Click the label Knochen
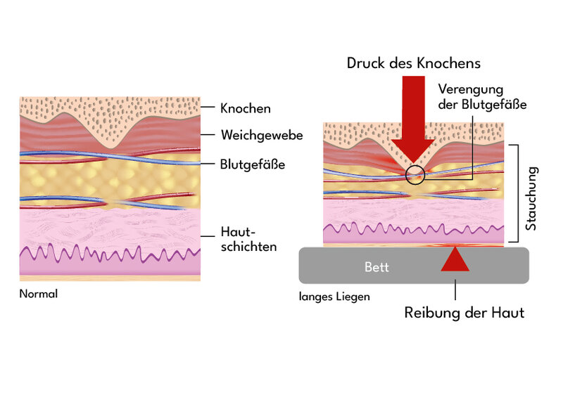pos(245,109)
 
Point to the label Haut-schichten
pos(248,240)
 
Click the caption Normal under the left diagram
pos(38,294)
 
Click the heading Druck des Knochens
pos(414,63)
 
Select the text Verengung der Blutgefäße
pos(482,97)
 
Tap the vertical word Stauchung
pos(532,198)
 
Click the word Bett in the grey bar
pos(377,268)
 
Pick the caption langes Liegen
pos(334,297)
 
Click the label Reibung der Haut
pos(464,313)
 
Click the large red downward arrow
pos(415,119)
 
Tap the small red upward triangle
pos(455,259)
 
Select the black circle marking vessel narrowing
pos(416,174)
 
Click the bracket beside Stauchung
pos(517,193)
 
